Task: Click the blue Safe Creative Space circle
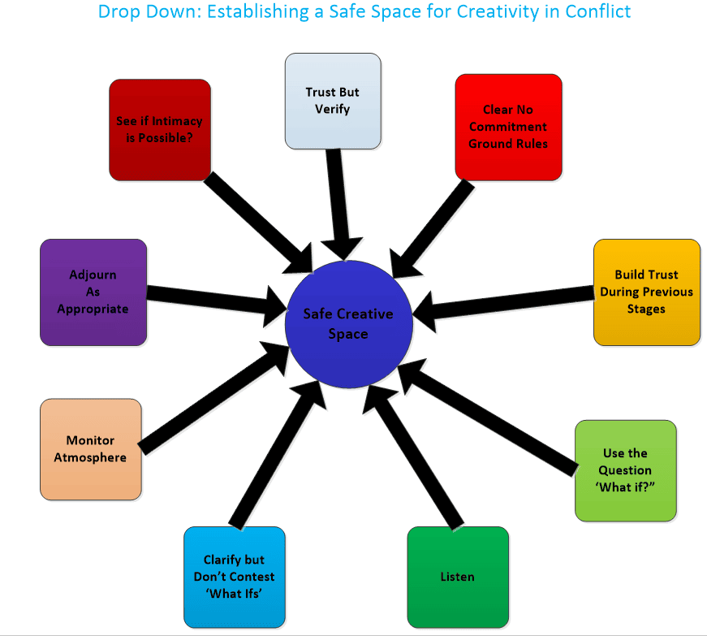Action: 349,323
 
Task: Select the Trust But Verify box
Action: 333,101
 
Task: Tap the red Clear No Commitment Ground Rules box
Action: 508,127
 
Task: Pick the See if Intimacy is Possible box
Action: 160,130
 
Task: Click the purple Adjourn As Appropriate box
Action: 93,292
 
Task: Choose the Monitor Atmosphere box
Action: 90,449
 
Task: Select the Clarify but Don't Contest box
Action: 234,577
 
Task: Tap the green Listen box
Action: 457,577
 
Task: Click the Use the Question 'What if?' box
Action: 625,470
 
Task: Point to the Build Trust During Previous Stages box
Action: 646,292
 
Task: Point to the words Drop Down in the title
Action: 137,12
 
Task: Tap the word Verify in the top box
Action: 333,109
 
